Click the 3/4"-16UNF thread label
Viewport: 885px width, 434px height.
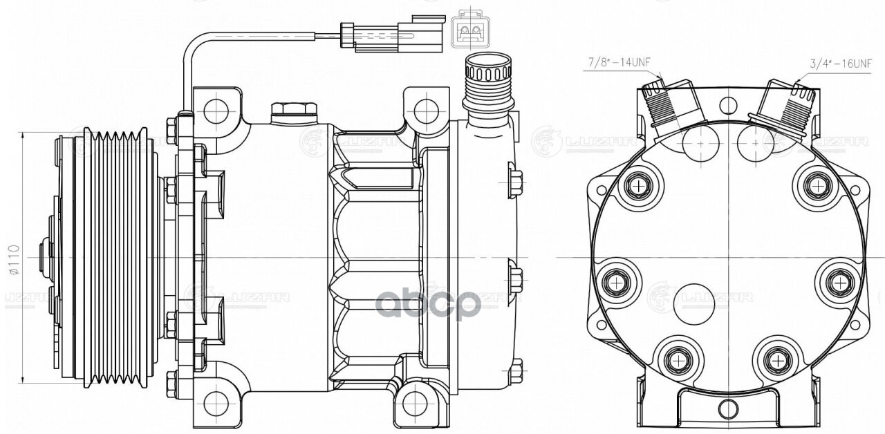pos(841,64)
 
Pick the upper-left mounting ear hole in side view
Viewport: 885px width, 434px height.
pos(216,108)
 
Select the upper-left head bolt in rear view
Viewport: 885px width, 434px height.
pos(637,185)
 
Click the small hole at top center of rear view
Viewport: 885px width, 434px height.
pos(727,105)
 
